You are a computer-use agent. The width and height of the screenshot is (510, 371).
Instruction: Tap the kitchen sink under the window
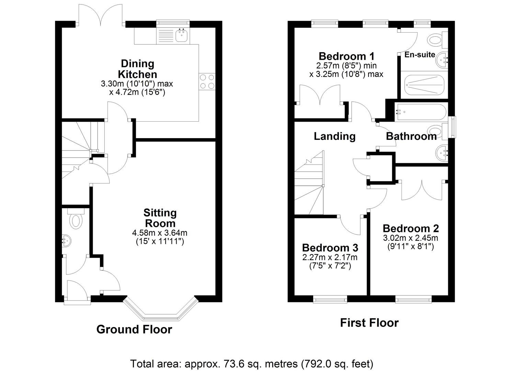click(182, 35)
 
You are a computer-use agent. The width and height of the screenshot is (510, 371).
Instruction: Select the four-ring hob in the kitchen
click(207, 82)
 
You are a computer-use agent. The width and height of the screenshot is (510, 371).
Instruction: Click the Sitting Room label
click(160, 218)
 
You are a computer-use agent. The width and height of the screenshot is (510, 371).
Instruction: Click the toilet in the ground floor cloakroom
click(76, 219)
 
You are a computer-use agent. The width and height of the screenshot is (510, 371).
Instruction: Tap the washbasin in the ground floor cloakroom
click(66, 240)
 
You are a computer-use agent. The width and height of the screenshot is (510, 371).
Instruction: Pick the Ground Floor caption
click(134, 329)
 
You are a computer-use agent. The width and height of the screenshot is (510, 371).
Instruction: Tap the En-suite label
click(420, 54)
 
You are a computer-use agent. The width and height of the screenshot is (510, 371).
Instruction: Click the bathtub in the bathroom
click(421, 112)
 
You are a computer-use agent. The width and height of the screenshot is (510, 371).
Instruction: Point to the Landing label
click(335, 136)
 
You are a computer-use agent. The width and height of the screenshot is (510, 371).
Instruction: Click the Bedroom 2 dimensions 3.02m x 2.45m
click(410, 238)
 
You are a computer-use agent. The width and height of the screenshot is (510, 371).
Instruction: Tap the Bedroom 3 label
click(330, 247)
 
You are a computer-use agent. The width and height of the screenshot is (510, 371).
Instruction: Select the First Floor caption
click(369, 323)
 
